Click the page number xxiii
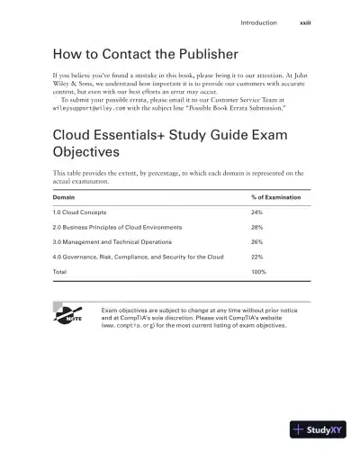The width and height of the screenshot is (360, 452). tap(305, 22)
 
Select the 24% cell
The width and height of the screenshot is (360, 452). tap(256, 212)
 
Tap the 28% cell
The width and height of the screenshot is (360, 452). tap(256, 227)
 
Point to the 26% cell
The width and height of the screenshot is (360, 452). tap(256, 241)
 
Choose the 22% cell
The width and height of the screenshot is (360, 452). tap(256, 257)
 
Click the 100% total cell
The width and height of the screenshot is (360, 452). tap(258, 271)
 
